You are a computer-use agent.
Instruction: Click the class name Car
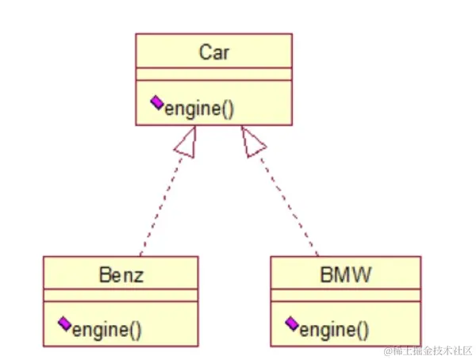[213, 52]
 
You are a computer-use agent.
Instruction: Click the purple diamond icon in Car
[156, 103]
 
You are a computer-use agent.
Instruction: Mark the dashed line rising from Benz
[161, 206]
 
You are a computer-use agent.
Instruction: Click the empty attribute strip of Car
[213, 75]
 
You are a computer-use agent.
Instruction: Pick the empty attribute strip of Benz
[121, 296]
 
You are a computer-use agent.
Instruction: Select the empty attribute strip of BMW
[345, 296]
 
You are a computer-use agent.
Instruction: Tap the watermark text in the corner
[426, 350]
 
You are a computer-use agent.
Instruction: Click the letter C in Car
[204, 52]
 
